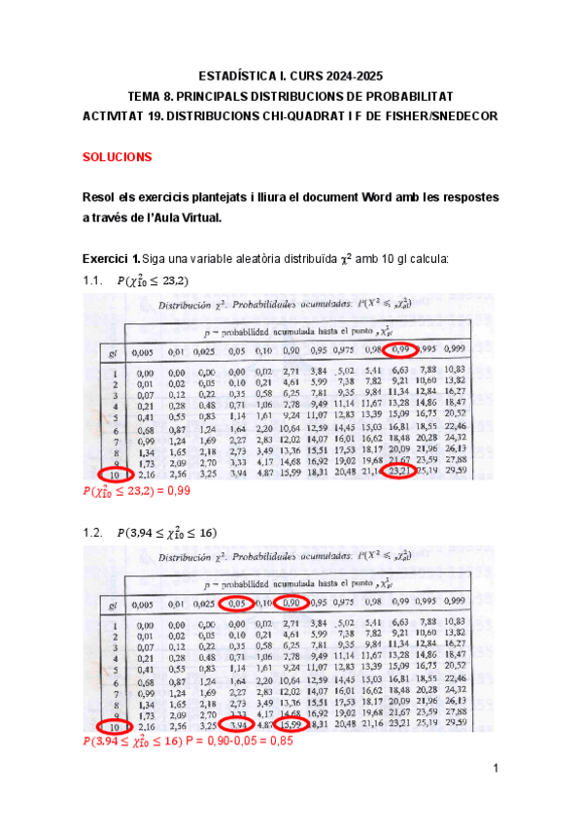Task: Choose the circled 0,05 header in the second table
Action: (x=235, y=602)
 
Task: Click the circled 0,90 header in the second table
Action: (x=291, y=602)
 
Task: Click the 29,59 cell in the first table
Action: (x=455, y=471)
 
